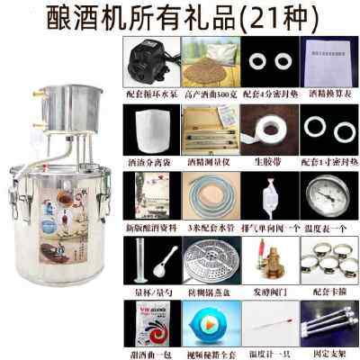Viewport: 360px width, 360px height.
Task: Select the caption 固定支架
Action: click(323, 354)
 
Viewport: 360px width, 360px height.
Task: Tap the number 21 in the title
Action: click(265, 15)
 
